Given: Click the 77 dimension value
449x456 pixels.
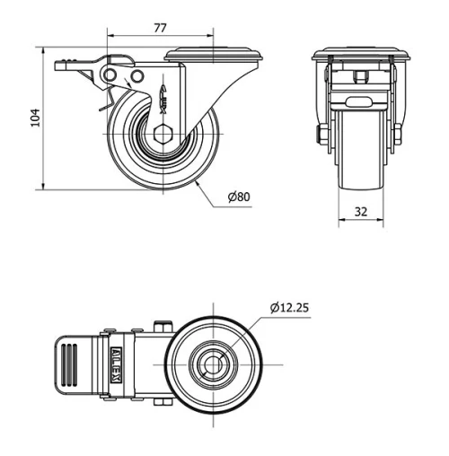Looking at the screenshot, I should coord(160,28).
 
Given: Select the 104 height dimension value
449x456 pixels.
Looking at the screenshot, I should coord(35,118).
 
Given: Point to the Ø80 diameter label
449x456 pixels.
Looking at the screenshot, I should coord(238,196).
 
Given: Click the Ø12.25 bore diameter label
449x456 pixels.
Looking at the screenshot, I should coord(290,308).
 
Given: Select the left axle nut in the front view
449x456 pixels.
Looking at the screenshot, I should coord(321,135).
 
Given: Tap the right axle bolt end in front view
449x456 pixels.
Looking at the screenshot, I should coord(396,135).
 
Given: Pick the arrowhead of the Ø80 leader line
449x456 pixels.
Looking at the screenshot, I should coord(193,183).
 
